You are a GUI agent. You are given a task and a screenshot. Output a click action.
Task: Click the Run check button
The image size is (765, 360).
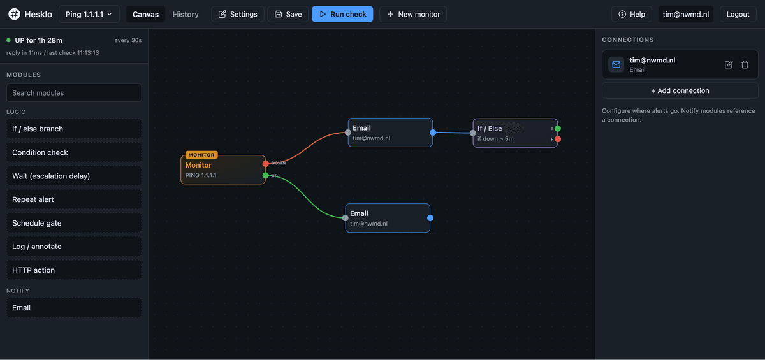tap(342, 14)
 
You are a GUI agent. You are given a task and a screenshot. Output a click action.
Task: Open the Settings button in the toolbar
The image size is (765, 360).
tap(238, 14)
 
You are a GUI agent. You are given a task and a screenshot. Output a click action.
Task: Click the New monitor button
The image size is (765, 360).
tap(413, 14)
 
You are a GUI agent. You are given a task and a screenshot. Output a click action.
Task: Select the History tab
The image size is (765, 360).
tap(186, 14)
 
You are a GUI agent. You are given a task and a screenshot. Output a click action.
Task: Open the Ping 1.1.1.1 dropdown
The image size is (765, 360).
tap(89, 14)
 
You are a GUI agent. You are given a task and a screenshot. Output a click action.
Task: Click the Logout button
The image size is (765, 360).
tap(738, 14)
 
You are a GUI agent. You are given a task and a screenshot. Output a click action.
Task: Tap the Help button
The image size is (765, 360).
tap(632, 14)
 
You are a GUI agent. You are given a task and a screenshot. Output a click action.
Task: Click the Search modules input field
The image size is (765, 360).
tap(74, 93)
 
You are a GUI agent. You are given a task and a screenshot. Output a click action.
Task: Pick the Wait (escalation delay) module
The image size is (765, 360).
tap(74, 176)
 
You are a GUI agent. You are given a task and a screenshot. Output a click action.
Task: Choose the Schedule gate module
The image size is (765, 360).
tap(74, 223)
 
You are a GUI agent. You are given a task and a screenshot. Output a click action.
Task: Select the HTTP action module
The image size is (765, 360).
tap(74, 270)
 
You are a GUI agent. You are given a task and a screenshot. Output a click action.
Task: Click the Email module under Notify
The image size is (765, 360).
tap(74, 308)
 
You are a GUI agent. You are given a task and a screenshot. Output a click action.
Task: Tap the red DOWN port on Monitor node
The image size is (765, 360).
tap(265, 164)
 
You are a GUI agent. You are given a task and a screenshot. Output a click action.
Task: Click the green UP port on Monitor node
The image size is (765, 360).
tap(265, 175)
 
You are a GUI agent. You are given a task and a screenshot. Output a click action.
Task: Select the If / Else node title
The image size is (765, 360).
tap(490, 128)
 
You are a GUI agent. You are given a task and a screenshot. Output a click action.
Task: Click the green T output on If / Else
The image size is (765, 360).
tap(558, 128)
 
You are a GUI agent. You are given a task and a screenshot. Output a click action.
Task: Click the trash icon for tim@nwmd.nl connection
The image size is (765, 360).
tap(745, 64)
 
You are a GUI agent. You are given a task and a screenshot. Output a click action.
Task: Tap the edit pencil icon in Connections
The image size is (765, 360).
tap(729, 64)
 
